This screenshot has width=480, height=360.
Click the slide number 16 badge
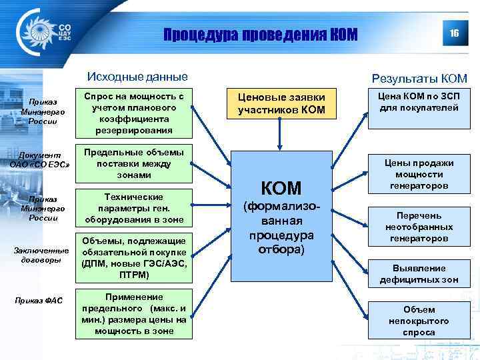454,33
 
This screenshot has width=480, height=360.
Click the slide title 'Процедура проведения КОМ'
261,33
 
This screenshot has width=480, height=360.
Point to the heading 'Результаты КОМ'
419,79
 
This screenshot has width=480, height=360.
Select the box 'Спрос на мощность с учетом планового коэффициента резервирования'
133,113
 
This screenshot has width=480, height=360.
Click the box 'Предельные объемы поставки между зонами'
133,163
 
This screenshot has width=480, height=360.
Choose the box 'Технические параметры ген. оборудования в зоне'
133,208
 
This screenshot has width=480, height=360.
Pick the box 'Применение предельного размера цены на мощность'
133,313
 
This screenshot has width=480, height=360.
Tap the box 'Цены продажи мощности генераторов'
419,175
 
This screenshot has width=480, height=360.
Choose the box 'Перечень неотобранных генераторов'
419,228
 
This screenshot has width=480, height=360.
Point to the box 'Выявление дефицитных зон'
419,274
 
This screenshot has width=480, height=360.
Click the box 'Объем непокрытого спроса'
419,321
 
